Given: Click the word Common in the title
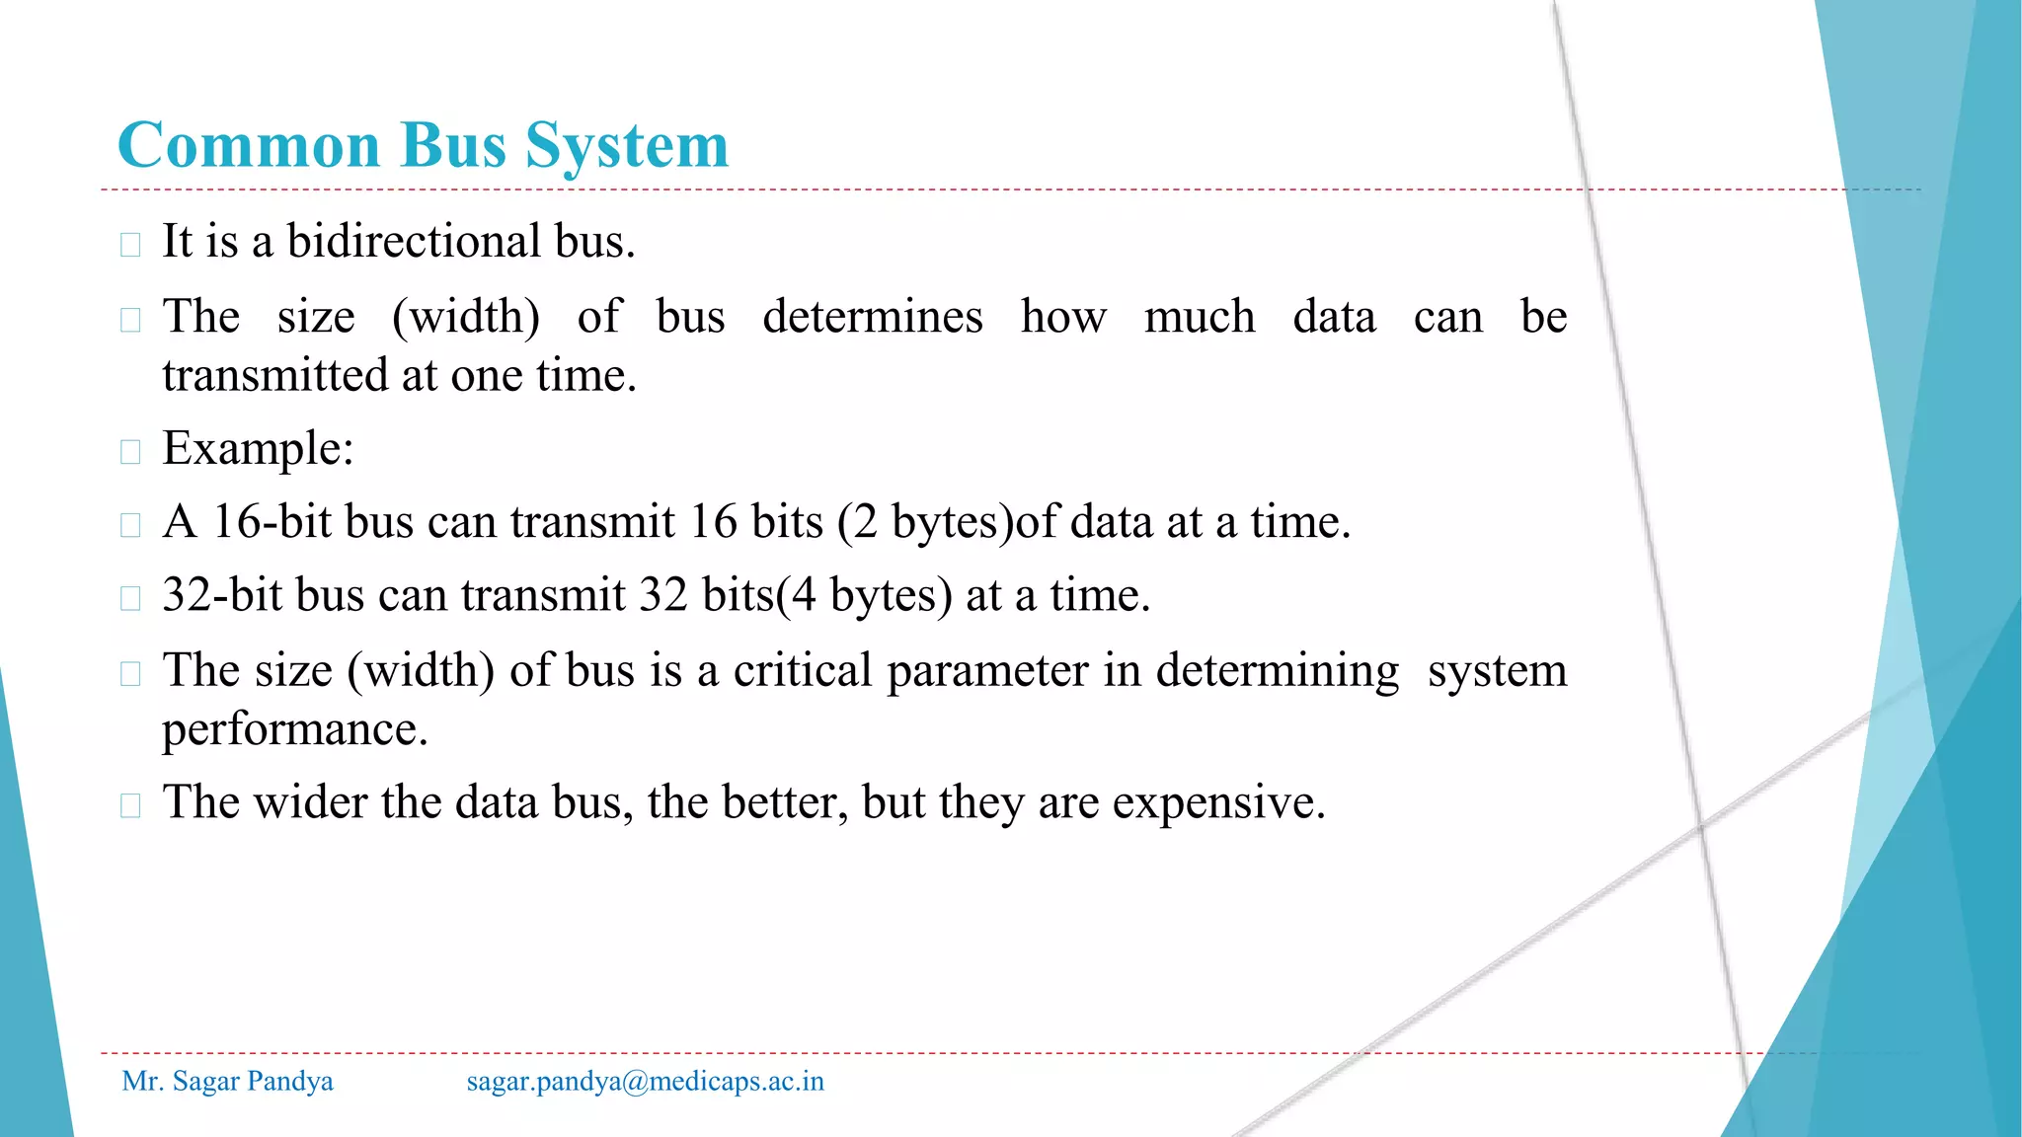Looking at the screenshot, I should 249,146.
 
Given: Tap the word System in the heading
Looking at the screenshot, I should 627,146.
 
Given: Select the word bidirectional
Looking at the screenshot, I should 414,242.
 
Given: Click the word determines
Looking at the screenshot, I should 873,318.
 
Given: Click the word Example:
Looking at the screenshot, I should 258,449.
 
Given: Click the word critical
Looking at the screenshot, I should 803,671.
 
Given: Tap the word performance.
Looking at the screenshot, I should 294,730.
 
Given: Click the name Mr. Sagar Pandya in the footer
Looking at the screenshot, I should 227,1082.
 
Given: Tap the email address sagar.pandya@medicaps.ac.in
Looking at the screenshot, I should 645,1082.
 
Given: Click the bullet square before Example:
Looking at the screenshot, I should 130,452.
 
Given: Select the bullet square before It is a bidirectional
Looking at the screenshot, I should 130,244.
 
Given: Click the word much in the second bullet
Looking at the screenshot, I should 1199,318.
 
